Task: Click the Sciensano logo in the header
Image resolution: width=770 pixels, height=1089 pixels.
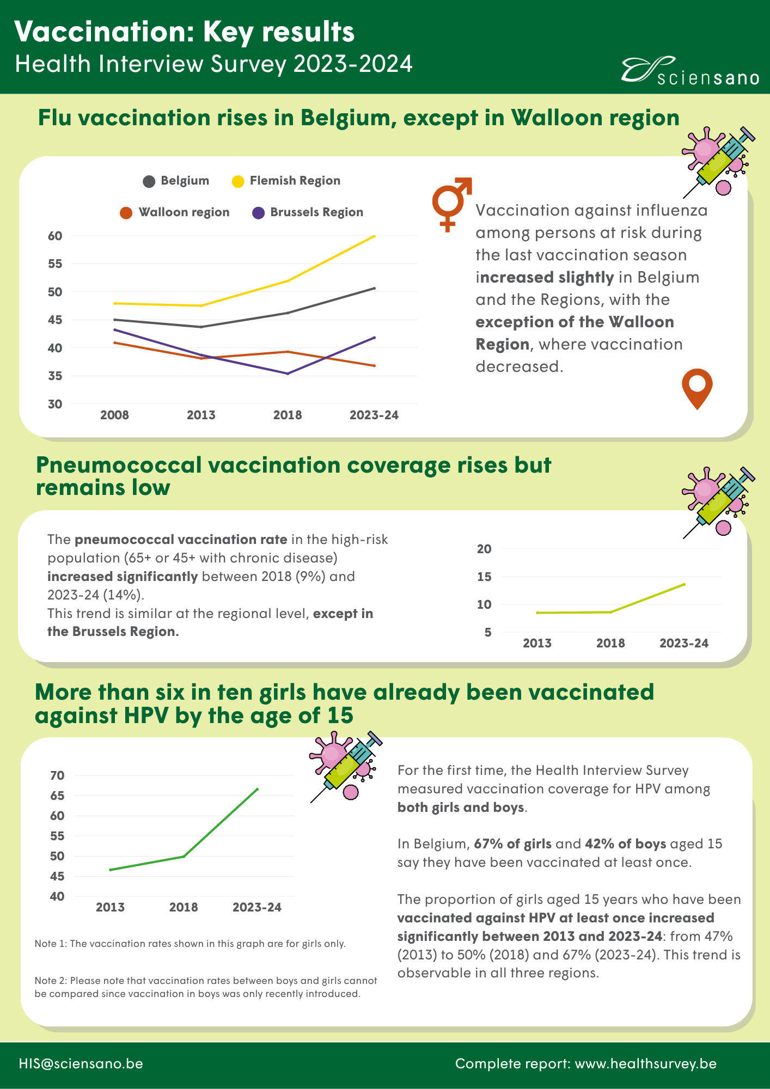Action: (x=690, y=71)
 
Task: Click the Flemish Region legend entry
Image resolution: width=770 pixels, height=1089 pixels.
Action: (x=286, y=181)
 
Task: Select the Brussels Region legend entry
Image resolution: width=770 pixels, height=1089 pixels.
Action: (x=308, y=212)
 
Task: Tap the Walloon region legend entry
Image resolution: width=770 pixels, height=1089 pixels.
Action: (x=175, y=212)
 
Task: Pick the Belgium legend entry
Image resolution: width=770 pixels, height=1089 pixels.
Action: (x=176, y=181)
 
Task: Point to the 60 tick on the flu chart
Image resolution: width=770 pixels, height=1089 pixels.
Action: (x=55, y=236)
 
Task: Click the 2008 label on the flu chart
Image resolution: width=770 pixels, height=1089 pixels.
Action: (x=114, y=415)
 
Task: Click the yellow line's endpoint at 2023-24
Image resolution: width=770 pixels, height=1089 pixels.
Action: (x=375, y=236)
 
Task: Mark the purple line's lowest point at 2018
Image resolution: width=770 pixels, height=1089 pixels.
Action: (x=288, y=374)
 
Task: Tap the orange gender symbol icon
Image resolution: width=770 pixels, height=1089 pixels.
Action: (x=451, y=204)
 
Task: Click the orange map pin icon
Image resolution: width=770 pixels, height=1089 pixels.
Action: (x=697, y=388)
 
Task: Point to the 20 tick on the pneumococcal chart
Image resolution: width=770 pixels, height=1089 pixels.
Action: (x=484, y=549)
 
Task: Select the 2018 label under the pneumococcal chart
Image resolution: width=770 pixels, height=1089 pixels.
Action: (x=610, y=643)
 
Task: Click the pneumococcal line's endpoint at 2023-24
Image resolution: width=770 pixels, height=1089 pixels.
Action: (x=685, y=584)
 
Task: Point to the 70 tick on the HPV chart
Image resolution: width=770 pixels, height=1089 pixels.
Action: (x=57, y=775)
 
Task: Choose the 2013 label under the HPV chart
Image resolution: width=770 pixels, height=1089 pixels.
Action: (x=110, y=907)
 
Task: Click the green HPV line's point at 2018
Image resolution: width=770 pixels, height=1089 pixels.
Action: (x=184, y=856)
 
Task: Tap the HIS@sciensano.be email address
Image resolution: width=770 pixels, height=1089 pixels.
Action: (x=81, y=1063)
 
